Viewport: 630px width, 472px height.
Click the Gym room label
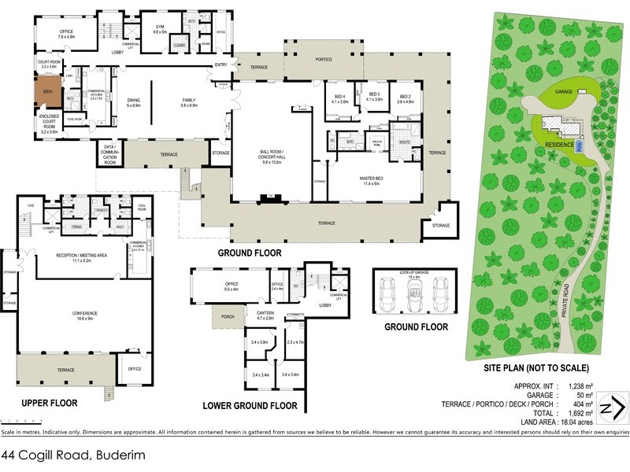pyautogui.click(x=159, y=29)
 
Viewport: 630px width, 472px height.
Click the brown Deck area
pyautogui.click(x=46, y=90)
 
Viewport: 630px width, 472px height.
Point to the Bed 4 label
pyautogui.click(x=339, y=98)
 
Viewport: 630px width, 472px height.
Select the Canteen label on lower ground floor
pyautogui.click(x=265, y=315)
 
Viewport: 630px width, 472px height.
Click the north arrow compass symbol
pyautogui.click(x=613, y=408)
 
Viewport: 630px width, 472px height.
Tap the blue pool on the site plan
pyautogui.click(x=580, y=146)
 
